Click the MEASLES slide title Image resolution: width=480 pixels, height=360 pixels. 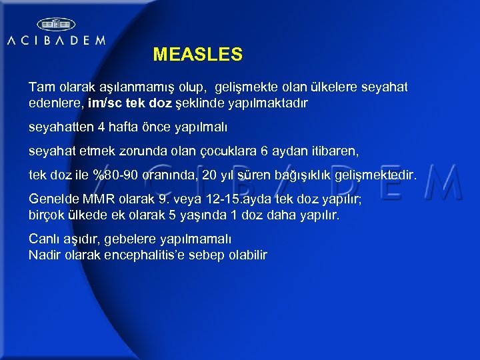tap(197, 54)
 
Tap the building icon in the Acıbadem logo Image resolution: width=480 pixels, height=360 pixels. tap(56, 24)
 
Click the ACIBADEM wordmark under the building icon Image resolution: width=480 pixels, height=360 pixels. tap(56, 40)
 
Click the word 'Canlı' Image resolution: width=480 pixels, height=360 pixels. tap(44, 238)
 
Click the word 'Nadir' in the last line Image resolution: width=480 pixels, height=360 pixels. tap(45, 255)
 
